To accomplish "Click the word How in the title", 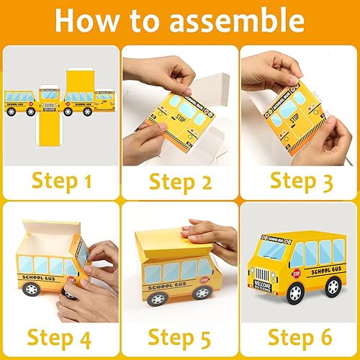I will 88,20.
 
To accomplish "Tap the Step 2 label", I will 180,180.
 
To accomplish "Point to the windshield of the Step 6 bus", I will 268,255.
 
